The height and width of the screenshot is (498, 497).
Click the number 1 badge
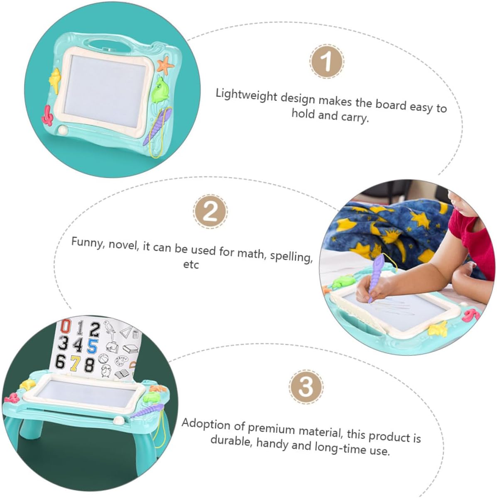pos(327,61)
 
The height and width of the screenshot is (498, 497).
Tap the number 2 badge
pos(210,211)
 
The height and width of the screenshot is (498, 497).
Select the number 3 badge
pos(306,387)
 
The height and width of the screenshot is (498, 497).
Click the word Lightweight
pos(247,95)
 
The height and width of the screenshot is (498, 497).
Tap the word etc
pos(191,265)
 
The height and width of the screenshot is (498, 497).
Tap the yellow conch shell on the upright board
pos(55,80)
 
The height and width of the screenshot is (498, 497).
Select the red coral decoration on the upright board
pos(47,116)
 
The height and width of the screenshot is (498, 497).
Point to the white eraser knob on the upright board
pos(63,129)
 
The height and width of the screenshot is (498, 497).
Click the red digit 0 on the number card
pos(66,327)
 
